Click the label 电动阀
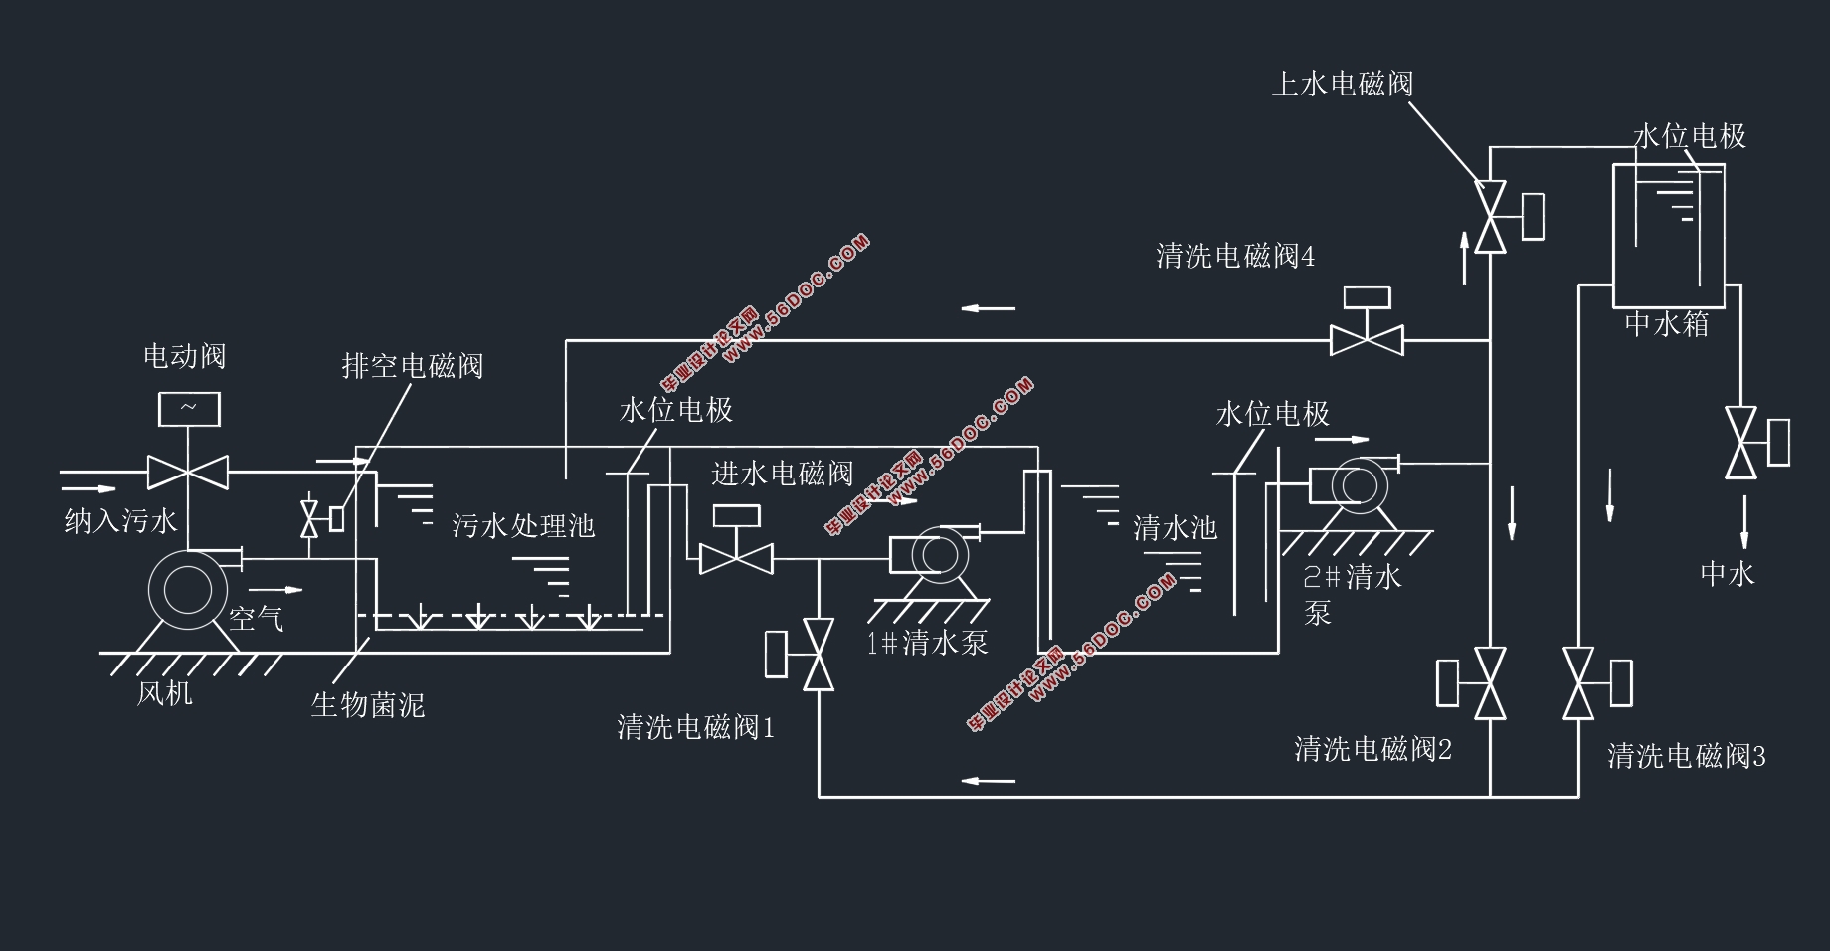click(185, 356)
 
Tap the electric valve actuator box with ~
click(189, 409)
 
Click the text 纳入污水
click(120, 520)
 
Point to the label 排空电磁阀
click(413, 366)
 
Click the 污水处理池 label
click(523, 525)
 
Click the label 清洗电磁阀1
click(696, 727)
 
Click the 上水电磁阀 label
click(1343, 84)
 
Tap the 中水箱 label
click(1667, 324)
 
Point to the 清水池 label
click(1176, 527)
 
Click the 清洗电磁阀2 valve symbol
click(1490, 683)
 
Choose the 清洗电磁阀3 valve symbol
click(1579, 683)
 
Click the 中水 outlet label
click(1728, 574)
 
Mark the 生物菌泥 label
click(368, 705)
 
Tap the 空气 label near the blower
click(257, 619)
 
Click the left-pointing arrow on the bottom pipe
click(989, 780)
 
